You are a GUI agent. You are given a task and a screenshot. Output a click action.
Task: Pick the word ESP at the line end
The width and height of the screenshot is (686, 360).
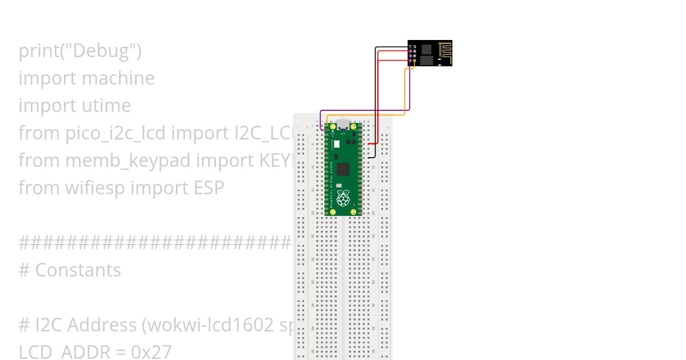coord(206,187)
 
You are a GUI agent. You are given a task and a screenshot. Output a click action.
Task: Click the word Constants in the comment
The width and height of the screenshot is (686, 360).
coord(78,270)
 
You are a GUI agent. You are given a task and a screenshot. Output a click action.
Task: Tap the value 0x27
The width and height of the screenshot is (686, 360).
coord(151,351)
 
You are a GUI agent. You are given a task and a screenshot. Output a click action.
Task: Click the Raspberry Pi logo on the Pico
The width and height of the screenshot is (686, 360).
coord(343,198)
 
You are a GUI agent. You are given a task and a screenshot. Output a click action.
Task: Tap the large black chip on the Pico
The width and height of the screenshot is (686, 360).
coord(343,169)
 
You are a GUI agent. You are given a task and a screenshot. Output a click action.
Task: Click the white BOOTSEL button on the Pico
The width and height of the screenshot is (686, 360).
coord(337,143)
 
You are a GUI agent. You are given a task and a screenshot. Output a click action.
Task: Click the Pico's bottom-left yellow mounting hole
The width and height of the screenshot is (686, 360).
coord(333,212)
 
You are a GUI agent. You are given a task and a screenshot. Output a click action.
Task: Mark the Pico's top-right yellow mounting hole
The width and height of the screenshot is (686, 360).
coord(353,126)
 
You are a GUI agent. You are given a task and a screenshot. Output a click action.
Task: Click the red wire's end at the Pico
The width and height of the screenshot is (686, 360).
coord(369,143)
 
